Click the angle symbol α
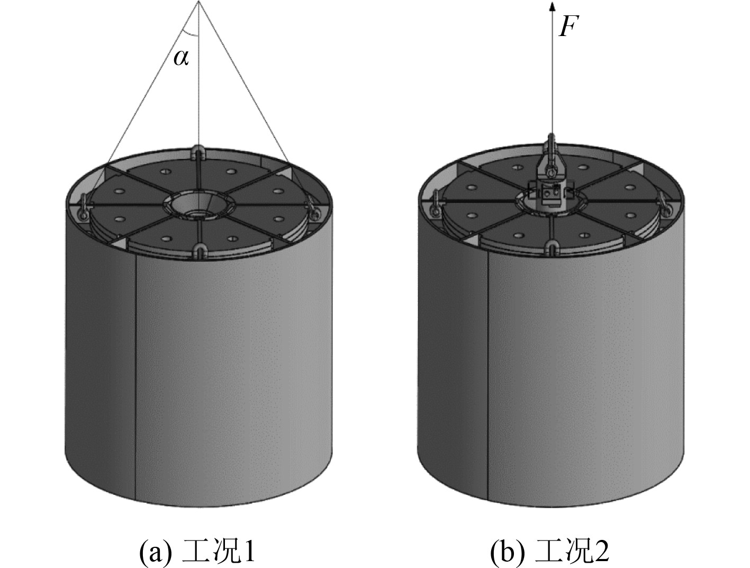pyautogui.click(x=181, y=58)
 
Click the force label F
pyautogui.click(x=568, y=26)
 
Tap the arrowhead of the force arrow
pyautogui.click(x=552, y=7)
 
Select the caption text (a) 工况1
pyautogui.click(x=197, y=553)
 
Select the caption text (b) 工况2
pyautogui.click(x=549, y=553)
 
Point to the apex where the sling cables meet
pyautogui.click(x=199, y=2)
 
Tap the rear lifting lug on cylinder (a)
pyautogui.click(x=198, y=150)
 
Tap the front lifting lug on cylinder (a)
pyautogui.click(x=200, y=251)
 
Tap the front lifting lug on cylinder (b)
pyautogui.click(x=552, y=248)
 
